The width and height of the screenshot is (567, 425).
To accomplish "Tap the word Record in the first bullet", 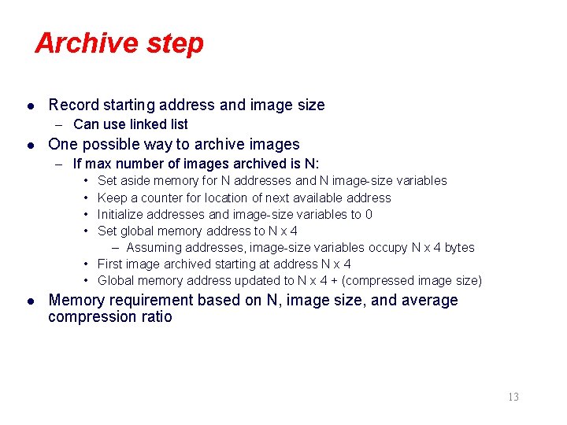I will (72, 105).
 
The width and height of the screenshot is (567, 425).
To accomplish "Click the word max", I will (98, 164).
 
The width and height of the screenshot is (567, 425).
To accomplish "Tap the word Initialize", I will (124, 214).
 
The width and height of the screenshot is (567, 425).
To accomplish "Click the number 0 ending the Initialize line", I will (369, 214).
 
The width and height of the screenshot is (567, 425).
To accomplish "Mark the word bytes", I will (459, 247).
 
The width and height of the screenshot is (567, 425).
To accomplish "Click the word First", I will (111, 264).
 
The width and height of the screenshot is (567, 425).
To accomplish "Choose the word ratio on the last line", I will (155, 317).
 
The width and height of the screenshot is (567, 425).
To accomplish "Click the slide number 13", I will (513, 397).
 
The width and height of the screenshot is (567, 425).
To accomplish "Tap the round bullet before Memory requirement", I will (30, 301).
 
